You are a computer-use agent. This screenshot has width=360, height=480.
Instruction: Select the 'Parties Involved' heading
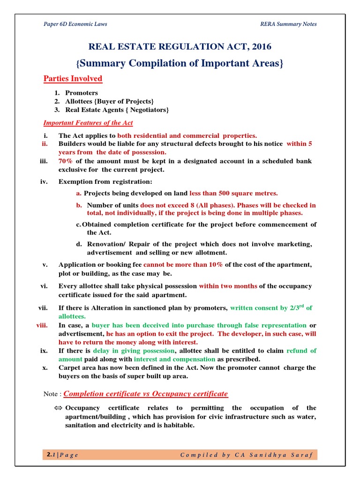pos(73,78)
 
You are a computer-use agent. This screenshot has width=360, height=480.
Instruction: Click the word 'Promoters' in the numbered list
pos(82,93)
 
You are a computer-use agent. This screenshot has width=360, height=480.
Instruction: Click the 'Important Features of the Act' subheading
pos(88,123)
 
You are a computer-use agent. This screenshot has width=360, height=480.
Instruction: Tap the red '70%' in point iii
pos(65,161)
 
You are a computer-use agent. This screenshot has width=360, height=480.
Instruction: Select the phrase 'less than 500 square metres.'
pos(233,193)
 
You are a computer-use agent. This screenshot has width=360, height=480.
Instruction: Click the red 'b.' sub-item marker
pos(79,205)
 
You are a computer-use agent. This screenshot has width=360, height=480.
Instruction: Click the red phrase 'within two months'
pos(228,286)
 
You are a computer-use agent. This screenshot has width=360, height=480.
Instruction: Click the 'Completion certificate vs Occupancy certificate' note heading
pos(145,394)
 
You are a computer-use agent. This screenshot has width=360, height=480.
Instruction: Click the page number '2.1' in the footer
pos(51,455)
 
